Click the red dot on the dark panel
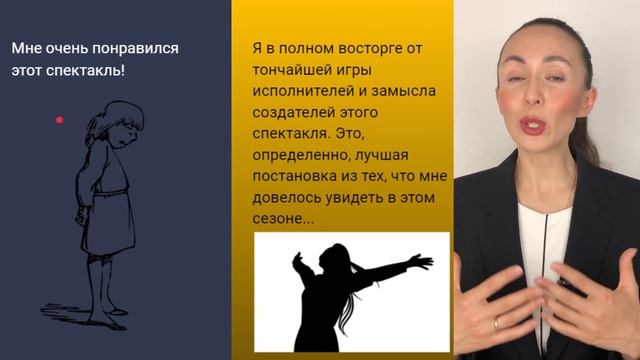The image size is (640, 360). pyautogui.click(x=60, y=120)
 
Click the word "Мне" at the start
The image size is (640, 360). pyautogui.click(x=26, y=48)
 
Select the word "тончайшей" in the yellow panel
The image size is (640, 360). pyautogui.click(x=290, y=75)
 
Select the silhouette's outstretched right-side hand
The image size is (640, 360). pyautogui.click(x=424, y=262)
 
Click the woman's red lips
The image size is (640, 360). pyautogui.click(x=533, y=127)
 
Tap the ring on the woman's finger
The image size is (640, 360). pyautogui.click(x=497, y=322)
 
